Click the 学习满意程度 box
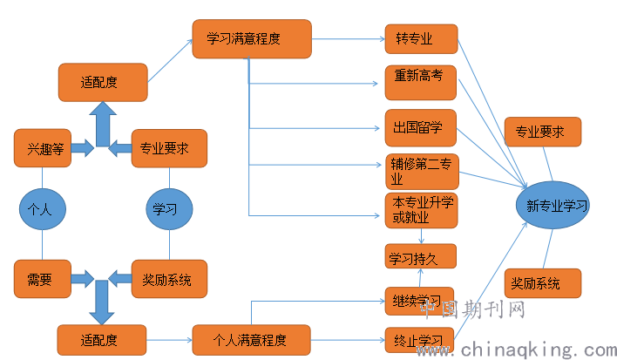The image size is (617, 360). [252, 39]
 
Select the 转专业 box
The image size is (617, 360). [421, 39]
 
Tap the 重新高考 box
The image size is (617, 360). [420, 82]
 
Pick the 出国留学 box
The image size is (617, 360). [420, 128]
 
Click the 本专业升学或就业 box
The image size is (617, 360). [420, 212]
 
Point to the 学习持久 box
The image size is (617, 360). [420, 256]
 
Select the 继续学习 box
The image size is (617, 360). [419, 301]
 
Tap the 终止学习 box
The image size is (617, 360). [419, 338]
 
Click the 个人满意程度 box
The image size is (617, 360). [250, 336]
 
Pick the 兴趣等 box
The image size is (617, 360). [43, 147]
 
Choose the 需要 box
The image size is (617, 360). [43, 279]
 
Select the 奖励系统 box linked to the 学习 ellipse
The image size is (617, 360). [169, 279]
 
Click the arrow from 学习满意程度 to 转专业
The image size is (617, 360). [348, 39]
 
